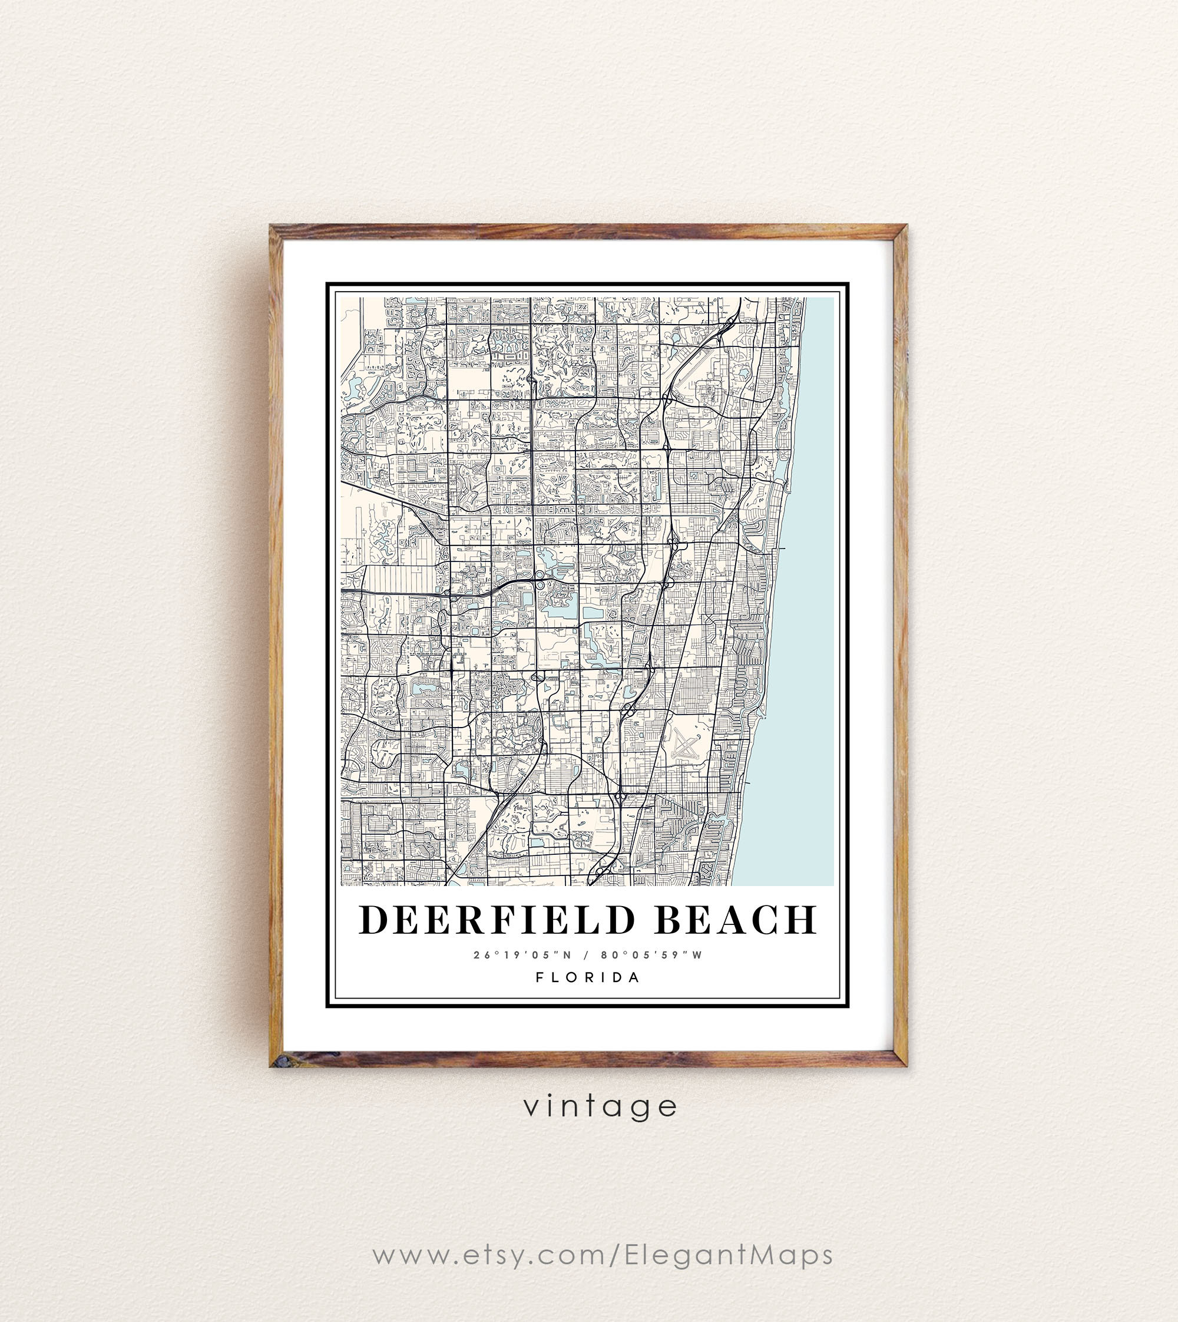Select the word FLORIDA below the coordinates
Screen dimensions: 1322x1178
tap(588, 977)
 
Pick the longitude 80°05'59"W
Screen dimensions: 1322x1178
tap(651, 955)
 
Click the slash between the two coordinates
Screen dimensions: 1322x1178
tap(587, 955)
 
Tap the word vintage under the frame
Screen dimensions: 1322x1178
tap(600, 1106)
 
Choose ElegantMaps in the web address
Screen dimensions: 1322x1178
tap(729, 1255)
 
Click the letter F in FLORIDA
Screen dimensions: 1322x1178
tap(540, 977)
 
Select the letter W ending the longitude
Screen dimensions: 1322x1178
tap(697, 955)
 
